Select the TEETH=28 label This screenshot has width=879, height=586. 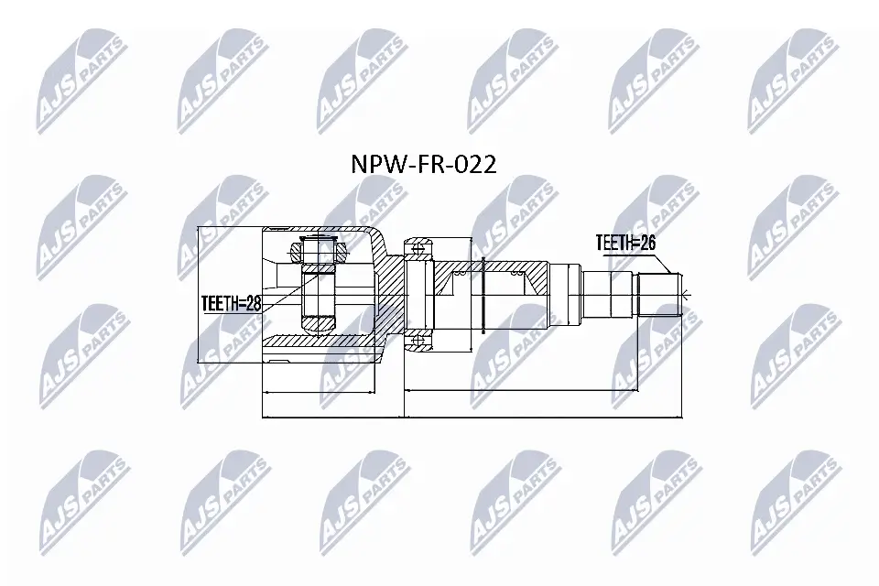(232, 304)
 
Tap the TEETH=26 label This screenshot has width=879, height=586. (626, 243)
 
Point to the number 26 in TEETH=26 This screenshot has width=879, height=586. (647, 243)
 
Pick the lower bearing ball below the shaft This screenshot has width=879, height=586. (418, 342)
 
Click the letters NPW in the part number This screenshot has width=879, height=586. (371, 165)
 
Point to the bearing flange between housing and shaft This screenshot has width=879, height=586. (418, 293)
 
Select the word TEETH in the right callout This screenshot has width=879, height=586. (614, 243)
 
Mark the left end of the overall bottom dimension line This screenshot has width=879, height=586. (263, 418)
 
